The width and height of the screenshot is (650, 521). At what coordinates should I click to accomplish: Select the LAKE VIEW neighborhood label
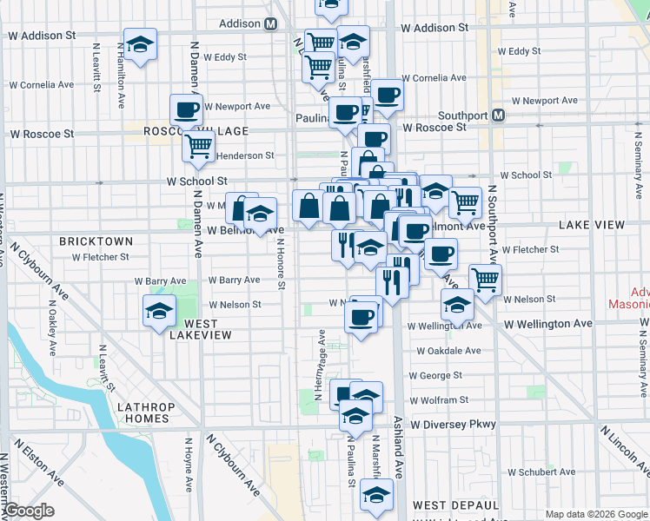(x=592, y=225)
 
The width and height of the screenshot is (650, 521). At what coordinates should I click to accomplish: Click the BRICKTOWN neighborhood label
(x=96, y=241)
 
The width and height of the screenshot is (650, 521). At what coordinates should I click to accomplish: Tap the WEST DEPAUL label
(x=455, y=505)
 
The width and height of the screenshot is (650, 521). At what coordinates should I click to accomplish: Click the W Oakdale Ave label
(x=448, y=352)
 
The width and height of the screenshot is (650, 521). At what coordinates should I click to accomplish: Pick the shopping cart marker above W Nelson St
(x=486, y=279)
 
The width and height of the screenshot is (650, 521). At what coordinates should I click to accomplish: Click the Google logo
(x=29, y=511)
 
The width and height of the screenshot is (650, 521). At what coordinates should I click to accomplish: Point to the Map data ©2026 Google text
(x=596, y=514)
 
